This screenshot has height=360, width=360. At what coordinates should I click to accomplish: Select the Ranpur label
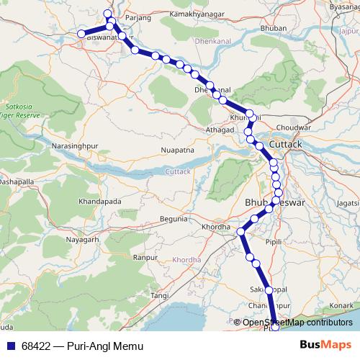click(146, 256)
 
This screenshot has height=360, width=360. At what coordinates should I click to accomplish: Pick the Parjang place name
click(135, 15)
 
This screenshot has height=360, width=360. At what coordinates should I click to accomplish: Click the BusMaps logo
click(325, 345)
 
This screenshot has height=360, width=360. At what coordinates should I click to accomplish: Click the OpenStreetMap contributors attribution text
click(297, 322)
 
